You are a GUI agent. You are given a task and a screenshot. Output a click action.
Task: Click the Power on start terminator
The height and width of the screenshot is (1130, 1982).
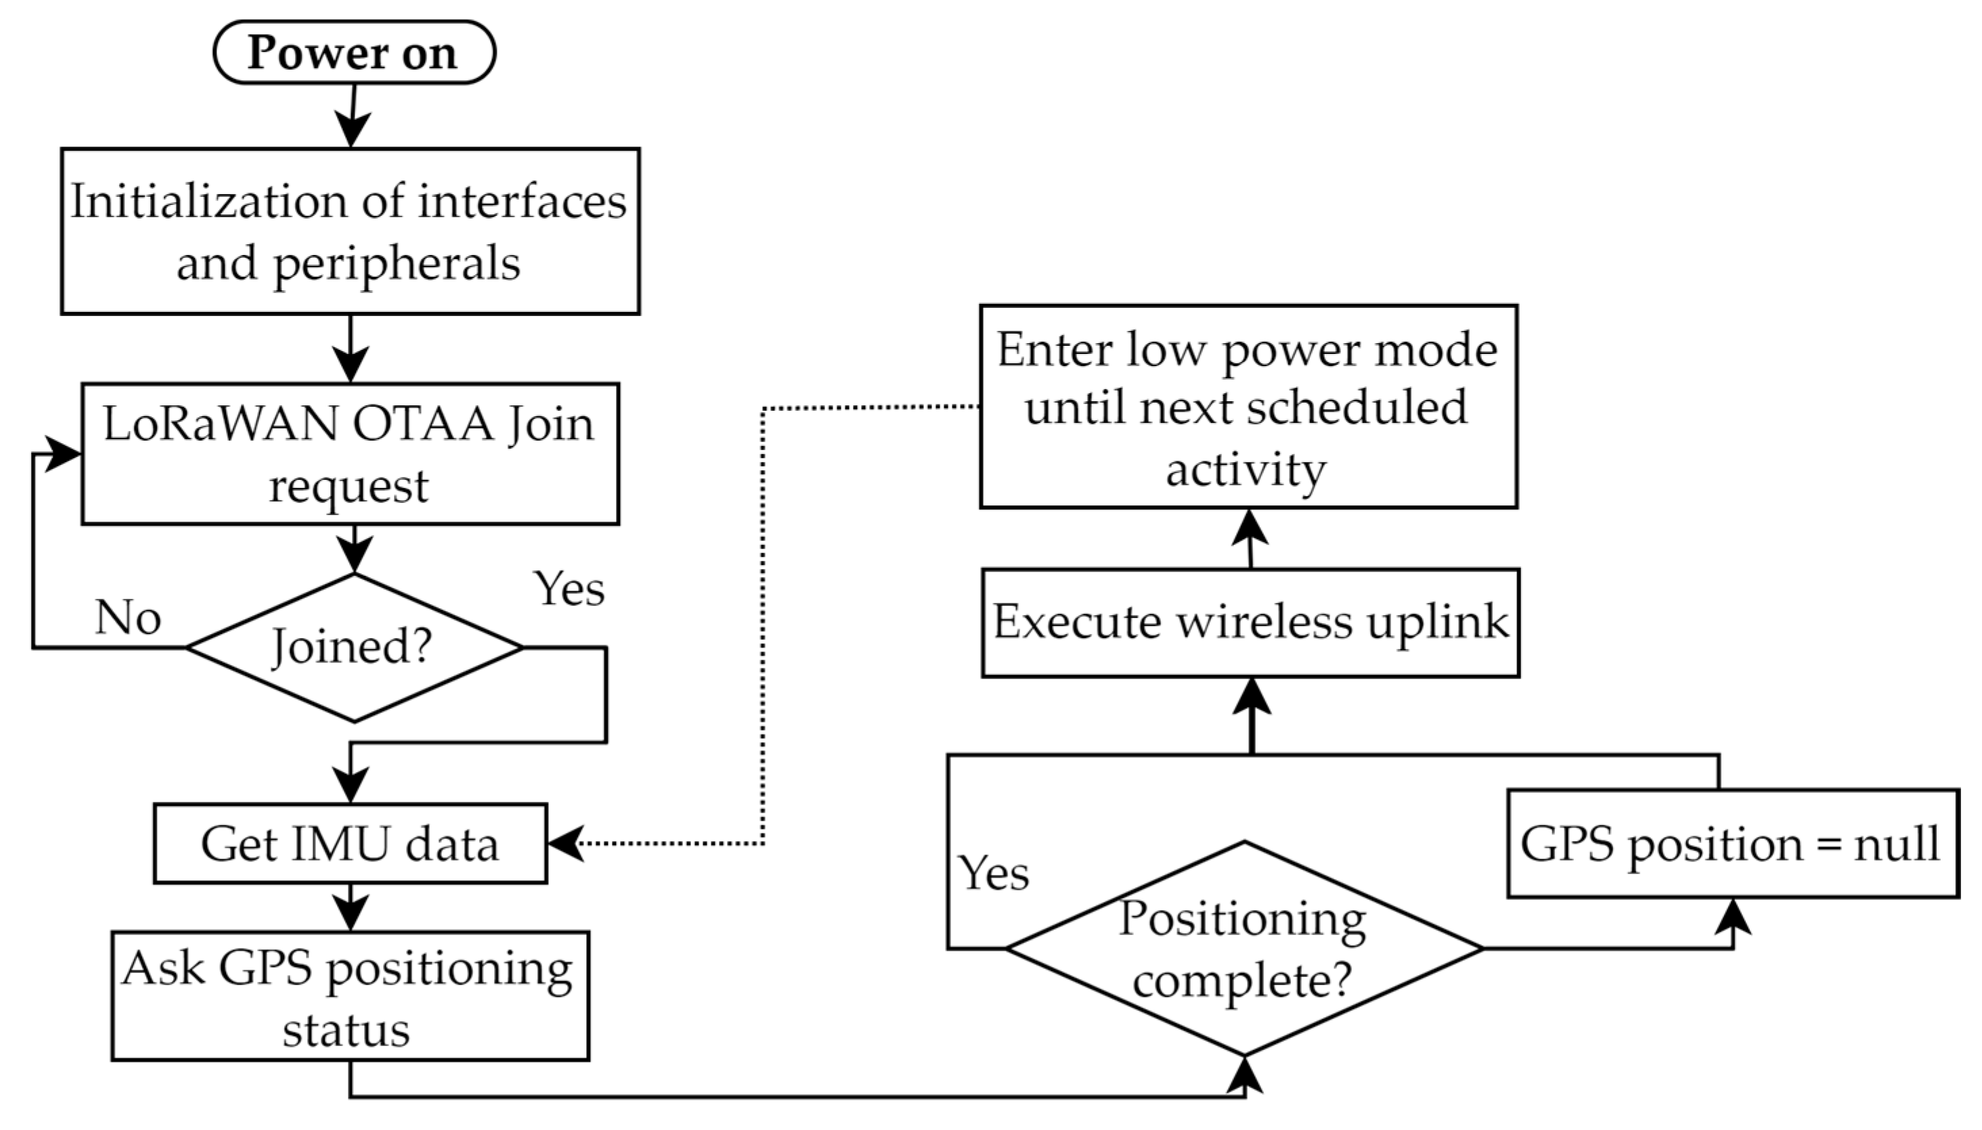[353, 53]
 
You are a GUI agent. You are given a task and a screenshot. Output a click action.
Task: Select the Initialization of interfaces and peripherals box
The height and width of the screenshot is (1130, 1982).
[350, 231]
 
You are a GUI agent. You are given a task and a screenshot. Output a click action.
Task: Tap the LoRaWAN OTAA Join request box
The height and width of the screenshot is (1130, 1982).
[350, 454]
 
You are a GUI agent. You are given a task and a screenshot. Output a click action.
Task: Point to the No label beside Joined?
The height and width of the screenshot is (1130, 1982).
[128, 618]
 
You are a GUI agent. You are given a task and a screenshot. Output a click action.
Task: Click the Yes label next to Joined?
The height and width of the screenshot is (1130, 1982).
[569, 589]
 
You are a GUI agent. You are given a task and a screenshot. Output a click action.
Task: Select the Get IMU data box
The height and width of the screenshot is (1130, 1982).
[350, 844]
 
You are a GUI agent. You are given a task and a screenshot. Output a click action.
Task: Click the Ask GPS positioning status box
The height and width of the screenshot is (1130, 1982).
[350, 997]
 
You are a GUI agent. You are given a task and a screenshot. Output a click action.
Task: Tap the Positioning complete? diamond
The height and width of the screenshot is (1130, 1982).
[1243, 949]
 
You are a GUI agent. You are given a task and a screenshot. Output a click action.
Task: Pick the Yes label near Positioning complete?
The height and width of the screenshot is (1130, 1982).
[993, 873]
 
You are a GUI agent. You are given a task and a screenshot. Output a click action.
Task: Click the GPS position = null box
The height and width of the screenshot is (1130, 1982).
[1732, 844]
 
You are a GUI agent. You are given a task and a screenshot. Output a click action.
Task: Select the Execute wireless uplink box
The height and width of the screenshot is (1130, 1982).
[1250, 623]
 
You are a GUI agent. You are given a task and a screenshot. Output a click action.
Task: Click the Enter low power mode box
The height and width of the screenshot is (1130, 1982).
[1248, 407]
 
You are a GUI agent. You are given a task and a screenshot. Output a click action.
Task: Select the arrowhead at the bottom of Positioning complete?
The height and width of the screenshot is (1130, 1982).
[1244, 1075]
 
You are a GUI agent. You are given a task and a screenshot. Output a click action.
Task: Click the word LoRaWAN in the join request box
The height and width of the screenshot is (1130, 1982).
[221, 424]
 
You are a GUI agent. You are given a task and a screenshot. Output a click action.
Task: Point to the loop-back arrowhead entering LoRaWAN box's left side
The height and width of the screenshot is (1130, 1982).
[62, 453]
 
